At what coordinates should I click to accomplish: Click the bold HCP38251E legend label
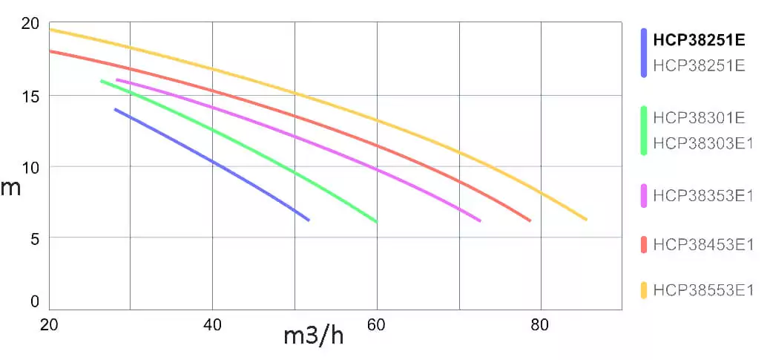[699, 40]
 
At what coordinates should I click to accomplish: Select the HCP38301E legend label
[699, 117]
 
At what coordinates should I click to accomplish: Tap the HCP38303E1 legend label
[703, 143]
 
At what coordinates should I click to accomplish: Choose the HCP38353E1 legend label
[703, 195]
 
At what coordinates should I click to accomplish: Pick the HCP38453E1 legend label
[703, 244]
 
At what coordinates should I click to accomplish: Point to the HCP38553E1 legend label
[703, 289]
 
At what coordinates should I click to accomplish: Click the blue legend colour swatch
[644, 53]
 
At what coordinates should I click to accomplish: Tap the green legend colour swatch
[644, 131]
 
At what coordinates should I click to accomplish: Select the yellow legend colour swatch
[644, 289]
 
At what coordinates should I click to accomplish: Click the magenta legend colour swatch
[644, 195]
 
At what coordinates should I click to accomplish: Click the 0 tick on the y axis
[34, 301]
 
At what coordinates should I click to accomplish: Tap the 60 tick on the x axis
[377, 324]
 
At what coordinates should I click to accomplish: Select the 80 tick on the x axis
[541, 324]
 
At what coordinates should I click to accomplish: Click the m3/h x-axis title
[314, 336]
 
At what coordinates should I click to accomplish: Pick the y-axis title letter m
[10, 187]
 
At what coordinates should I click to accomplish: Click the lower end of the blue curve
[308, 220]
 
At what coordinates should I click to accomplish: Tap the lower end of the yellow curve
[586, 219]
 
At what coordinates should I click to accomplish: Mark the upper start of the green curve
[102, 81]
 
